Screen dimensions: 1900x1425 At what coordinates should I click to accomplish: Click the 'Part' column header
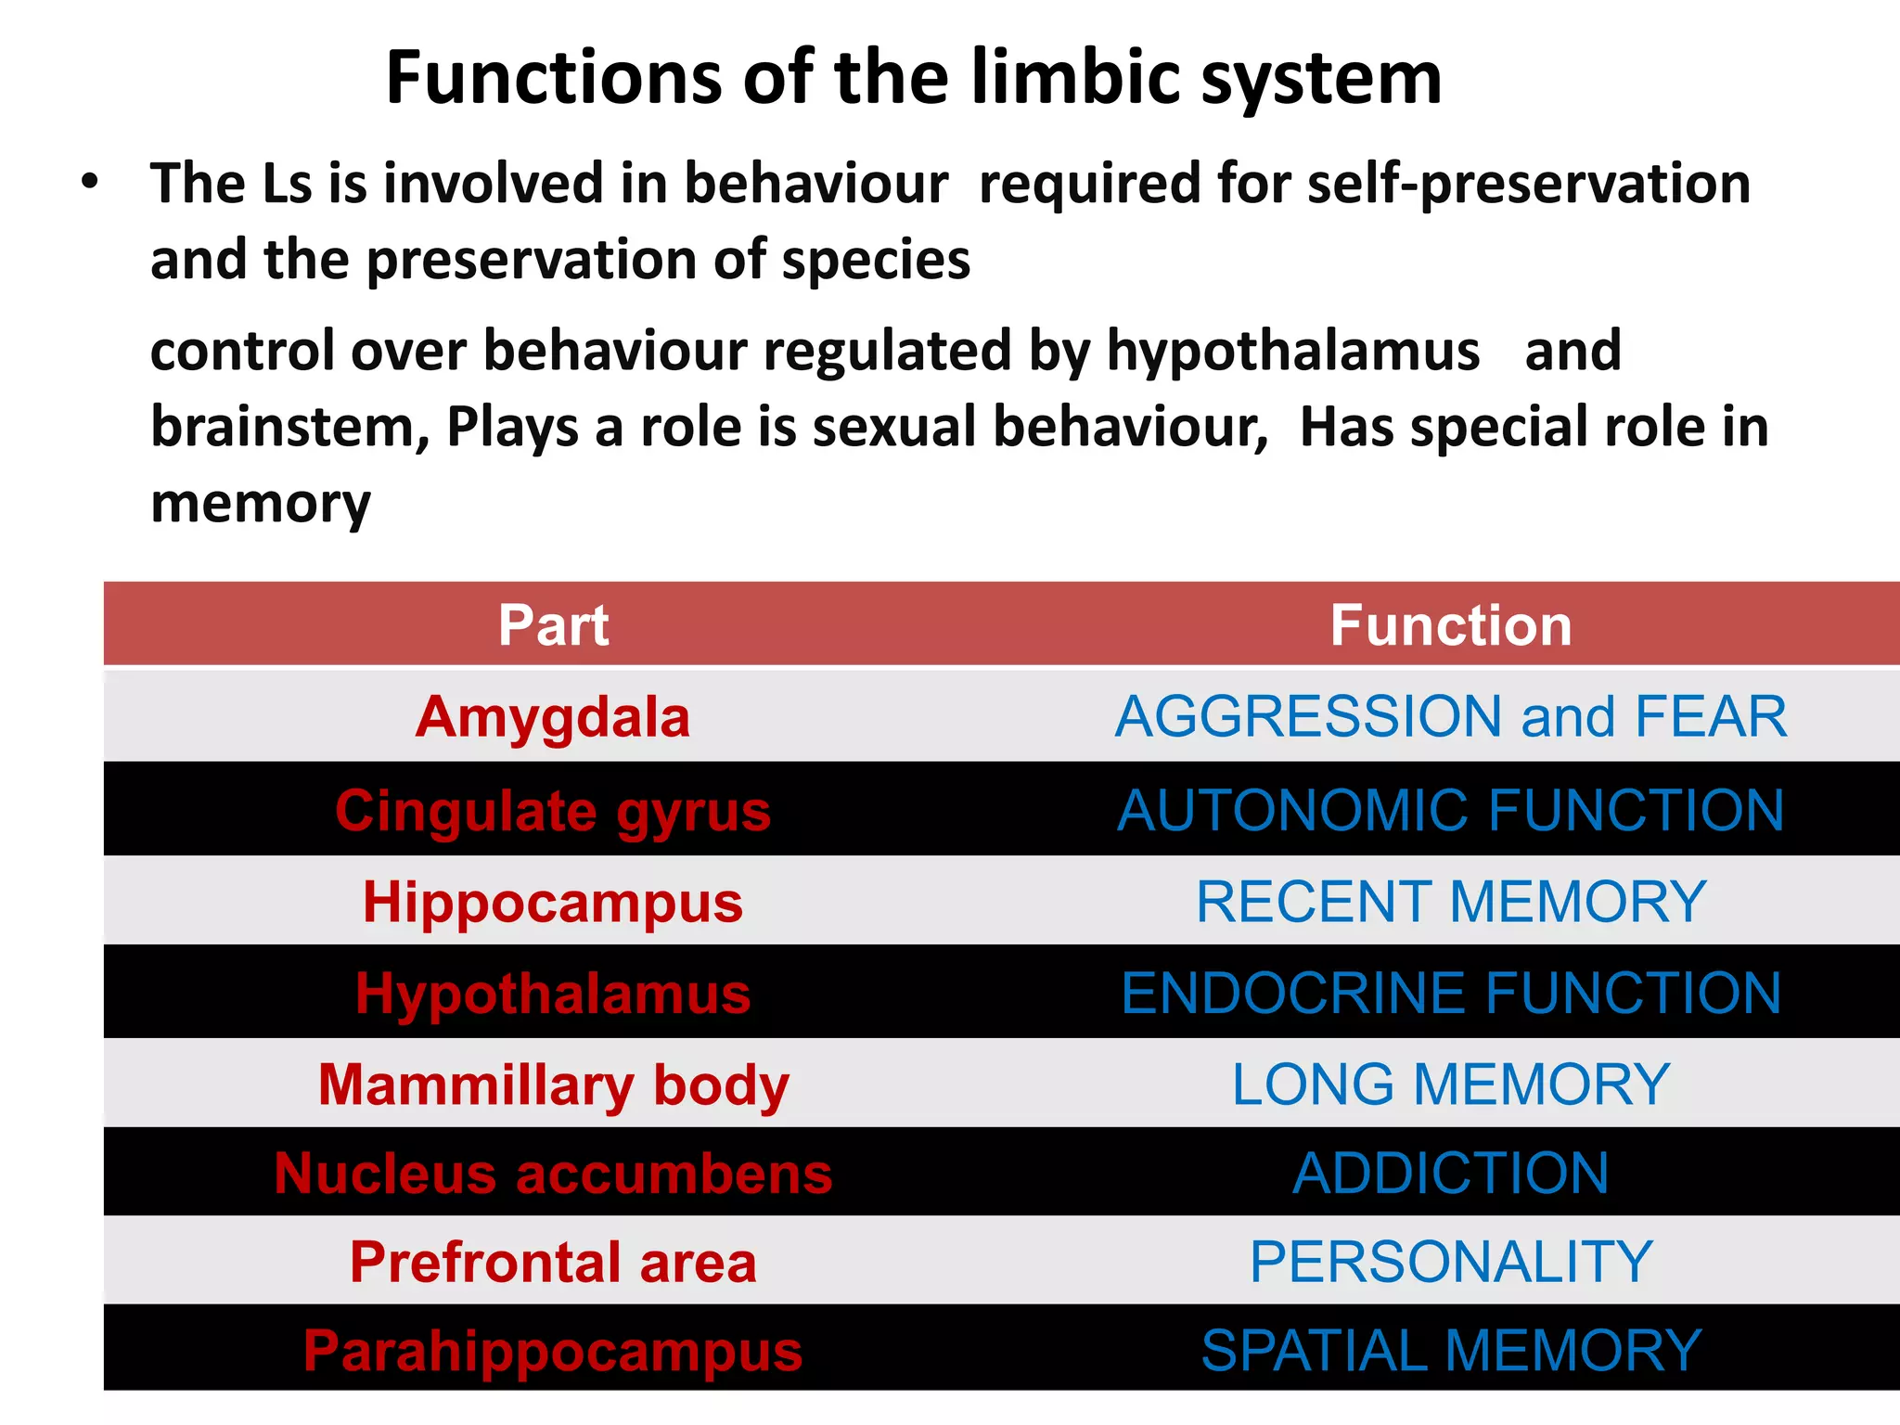(554, 625)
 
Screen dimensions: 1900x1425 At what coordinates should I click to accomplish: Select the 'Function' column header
(1451, 625)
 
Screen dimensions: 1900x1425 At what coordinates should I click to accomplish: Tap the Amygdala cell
(553, 717)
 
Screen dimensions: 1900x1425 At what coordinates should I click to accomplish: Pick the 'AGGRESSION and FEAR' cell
(1451, 717)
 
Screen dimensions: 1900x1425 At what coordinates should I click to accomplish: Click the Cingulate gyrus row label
(553, 811)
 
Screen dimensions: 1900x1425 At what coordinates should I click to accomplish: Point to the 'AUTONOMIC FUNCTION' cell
(1451, 811)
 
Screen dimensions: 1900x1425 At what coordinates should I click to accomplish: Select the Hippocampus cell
(553, 902)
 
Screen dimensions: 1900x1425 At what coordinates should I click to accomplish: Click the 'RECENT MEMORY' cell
(1451, 902)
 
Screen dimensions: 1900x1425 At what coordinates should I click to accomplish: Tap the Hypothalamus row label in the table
(553, 994)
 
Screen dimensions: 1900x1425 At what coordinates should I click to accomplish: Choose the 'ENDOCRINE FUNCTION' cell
(1451, 994)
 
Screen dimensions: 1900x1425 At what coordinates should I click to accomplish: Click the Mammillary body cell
(553, 1085)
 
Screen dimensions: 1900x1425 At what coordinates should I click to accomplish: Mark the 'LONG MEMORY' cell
(1451, 1085)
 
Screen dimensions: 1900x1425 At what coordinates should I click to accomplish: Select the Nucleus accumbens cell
(553, 1174)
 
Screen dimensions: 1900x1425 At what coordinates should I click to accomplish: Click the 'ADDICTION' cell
(1451, 1174)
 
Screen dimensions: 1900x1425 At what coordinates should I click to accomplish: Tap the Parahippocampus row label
(553, 1351)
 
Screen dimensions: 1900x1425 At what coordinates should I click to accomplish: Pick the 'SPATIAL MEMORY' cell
(1451, 1351)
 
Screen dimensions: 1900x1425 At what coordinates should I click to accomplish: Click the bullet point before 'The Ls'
(89, 182)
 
